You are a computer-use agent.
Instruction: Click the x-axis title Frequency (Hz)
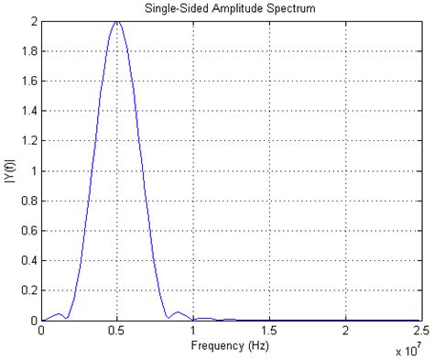tap(232, 346)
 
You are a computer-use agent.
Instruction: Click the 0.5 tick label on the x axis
tap(117, 332)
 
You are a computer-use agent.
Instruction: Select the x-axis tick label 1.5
tap(269, 332)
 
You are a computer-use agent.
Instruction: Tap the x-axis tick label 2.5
tap(421, 332)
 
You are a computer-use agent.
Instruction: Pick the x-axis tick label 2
tap(346, 332)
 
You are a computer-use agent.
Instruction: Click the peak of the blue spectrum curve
tap(117, 21)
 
